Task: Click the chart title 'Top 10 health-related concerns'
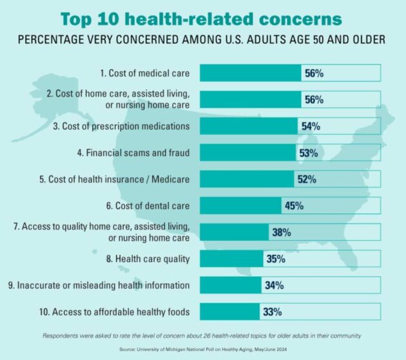tap(203, 17)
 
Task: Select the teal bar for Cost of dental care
tap(241, 206)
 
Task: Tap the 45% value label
tap(293, 206)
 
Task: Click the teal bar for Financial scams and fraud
tap(249, 152)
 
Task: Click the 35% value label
tap(274, 259)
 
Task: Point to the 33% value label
tap(271, 312)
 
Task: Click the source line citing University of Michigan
tap(203, 347)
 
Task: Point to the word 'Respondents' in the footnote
tap(62, 335)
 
